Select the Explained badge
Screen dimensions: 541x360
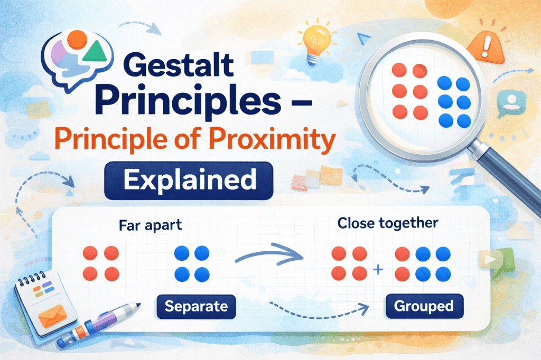(189, 181)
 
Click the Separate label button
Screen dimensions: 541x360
(197, 306)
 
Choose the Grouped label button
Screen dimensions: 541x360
(424, 306)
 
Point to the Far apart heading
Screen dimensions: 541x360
(150, 225)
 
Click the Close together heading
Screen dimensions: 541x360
(388, 223)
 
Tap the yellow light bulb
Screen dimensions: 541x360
(316, 43)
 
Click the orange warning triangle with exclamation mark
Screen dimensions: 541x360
(486, 46)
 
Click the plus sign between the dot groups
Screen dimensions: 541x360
(378, 269)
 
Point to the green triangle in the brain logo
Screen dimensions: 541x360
(95, 51)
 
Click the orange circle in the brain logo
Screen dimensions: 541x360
(77, 40)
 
